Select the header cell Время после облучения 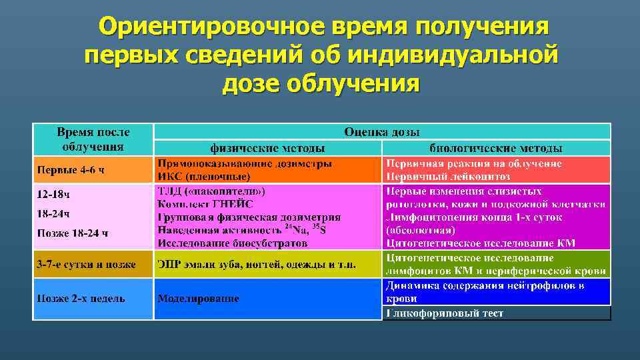[x=93, y=139]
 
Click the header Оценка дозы [x=382, y=132]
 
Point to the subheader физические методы [x=268, y=148]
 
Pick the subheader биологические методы [x=495, y=148]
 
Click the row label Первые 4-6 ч [x=71, y=169]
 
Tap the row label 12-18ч [x=53, y=195]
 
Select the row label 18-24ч [x=53, y=213]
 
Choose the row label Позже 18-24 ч [x=73, y=233]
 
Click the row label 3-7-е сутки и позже [x=86, y=264]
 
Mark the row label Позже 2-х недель [x=81, y=298]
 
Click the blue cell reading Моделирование [x=198, y=298]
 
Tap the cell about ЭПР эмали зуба [x=257, y=264]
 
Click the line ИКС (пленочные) [x=204, y=177]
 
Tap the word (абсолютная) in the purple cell [x=421, y=231]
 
